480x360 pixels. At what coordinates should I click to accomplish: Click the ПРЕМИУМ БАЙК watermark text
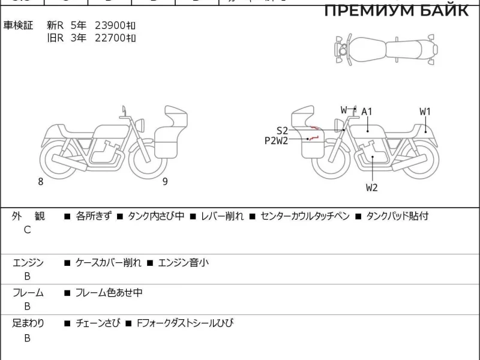click(x=397, y=10)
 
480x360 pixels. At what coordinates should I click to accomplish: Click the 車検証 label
click(x=19, y=25)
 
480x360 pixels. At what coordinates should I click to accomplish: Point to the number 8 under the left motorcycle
click(x=41, y=182)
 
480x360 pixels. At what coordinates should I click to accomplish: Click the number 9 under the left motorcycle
click(x=164, y=182)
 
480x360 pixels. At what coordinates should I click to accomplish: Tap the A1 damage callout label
click(x=367, y=112)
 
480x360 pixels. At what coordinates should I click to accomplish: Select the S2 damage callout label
click(x=282, y=130)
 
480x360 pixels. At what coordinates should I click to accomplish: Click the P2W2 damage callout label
click(x=277, y=141)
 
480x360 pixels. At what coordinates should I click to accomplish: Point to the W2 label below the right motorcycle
click(x=372, y=187)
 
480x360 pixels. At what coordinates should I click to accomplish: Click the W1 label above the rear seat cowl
click(x=425, y=112)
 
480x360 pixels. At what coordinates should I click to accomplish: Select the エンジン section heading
click(x=28, y=263)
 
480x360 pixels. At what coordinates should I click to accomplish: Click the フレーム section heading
click(x=28, y=293)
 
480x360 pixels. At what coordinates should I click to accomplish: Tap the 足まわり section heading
click(x=28, y=324)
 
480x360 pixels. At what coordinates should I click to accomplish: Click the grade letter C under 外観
click(x=27, y=230)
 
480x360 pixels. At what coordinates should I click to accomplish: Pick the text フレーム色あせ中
click(x=109, y=293)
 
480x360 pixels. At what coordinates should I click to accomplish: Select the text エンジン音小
click(x=183, y=263)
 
